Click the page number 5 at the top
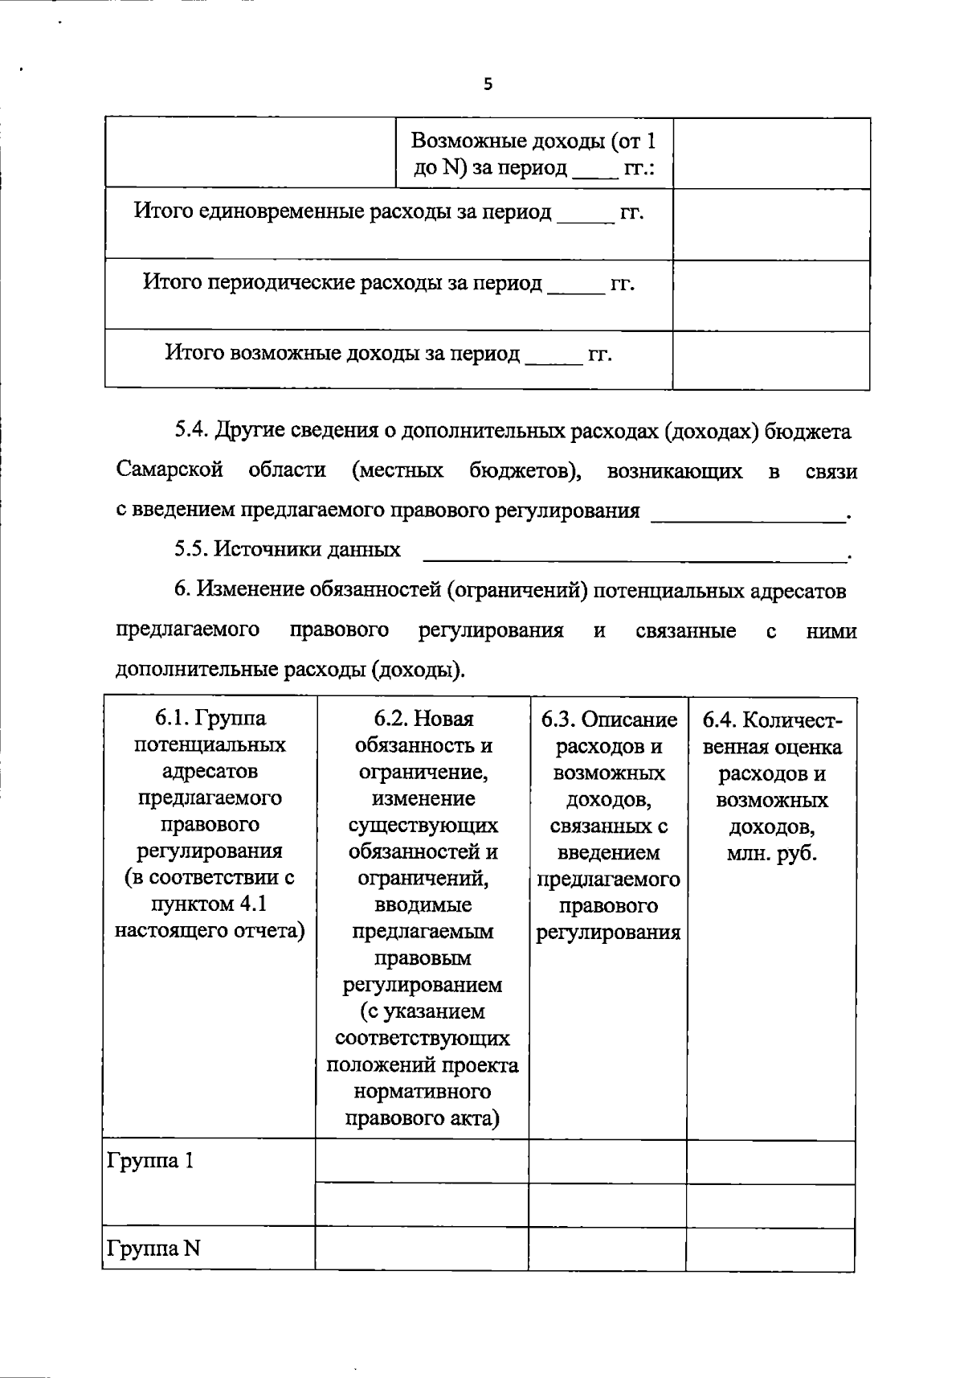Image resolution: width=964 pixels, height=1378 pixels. [x=488, y=84]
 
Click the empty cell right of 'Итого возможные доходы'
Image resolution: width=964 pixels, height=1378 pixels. [x=771, y=360]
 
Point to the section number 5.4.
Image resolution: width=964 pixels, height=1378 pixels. [x=192, y=432]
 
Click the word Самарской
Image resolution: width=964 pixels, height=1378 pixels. [x=170, y=470]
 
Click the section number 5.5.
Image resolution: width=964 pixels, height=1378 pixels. [x=192, y=550]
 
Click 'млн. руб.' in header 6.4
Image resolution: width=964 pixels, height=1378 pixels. [x=771, y=853]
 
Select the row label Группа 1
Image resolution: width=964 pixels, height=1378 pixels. [x=150, y=1161]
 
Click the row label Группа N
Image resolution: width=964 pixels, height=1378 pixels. [x=153, y=1249]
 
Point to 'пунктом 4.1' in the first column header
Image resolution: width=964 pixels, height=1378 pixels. [x=209, y=904]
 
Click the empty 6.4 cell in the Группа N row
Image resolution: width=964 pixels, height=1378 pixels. [x=770, y=1249]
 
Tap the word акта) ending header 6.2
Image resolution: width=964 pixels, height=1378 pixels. [x=468, y=1118]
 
